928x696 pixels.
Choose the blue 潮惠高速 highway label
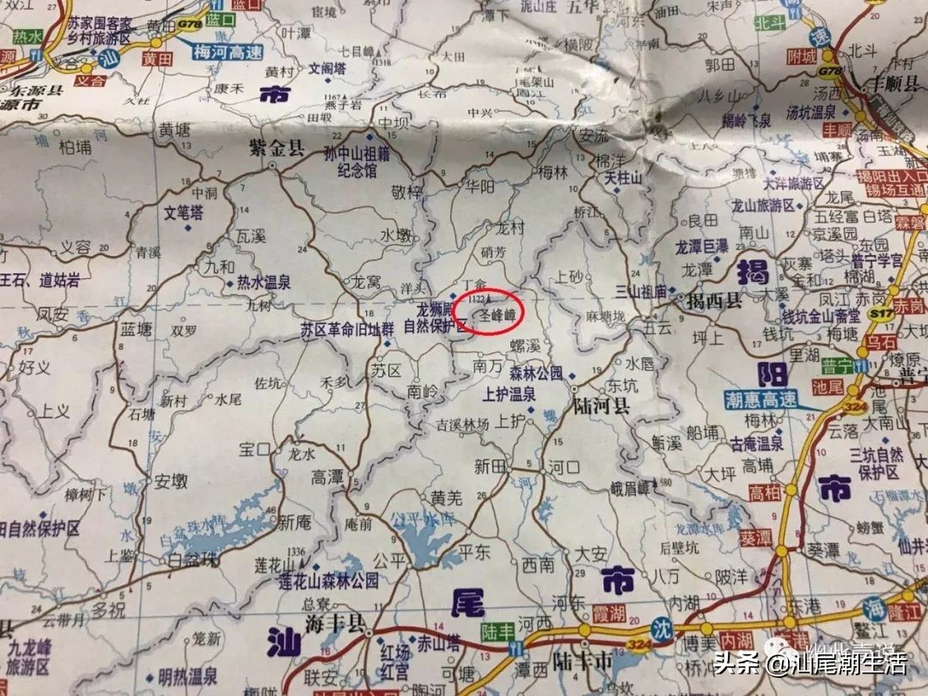tap(754, 400)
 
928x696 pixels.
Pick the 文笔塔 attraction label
tap(184, 211)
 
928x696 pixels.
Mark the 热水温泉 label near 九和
tap(263, 282)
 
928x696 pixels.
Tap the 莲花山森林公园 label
tap(327, 582)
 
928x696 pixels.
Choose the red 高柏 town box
tap(765, 492)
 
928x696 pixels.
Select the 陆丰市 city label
tap(582, 662)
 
